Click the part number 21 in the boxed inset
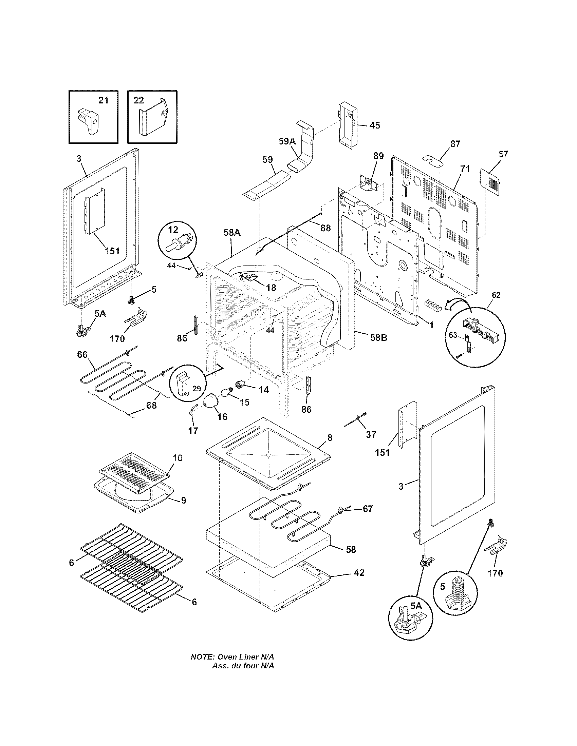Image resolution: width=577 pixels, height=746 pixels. (103, 100)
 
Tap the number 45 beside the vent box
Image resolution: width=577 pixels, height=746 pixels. (374, 125)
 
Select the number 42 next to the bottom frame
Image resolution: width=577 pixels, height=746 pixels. (359, 572)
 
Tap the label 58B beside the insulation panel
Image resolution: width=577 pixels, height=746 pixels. (378, 337)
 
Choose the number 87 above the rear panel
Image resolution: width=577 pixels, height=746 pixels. (455, 144)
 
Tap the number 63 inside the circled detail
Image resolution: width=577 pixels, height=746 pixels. (452, 335)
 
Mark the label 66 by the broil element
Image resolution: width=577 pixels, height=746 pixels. (82, 355)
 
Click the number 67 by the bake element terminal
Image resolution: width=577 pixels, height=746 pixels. (368, 518)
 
